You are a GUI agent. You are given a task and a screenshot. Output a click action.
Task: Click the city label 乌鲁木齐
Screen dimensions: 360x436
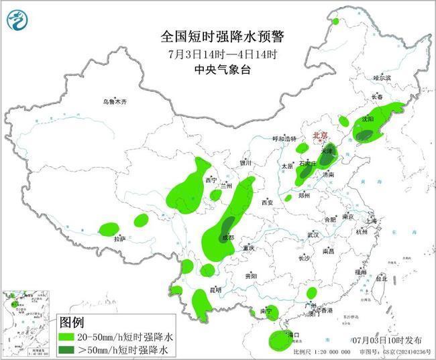tap(114, 102)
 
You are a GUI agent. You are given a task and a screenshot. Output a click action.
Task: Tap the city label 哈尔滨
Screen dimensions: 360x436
tap(382, 78)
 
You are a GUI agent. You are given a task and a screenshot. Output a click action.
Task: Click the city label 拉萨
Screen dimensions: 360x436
tap(119, 238)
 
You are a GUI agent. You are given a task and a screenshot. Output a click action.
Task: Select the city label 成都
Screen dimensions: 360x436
tap(228, 238)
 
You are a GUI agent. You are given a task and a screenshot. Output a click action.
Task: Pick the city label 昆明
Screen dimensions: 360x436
tap(215, 290)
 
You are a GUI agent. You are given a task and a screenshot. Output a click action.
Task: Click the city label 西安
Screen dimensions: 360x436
tap(268, 202)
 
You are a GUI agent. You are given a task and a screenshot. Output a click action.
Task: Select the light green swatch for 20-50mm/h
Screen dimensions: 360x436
tap(69, 336)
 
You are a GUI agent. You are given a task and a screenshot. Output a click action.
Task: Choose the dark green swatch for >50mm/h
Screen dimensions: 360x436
tap(69, 349)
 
